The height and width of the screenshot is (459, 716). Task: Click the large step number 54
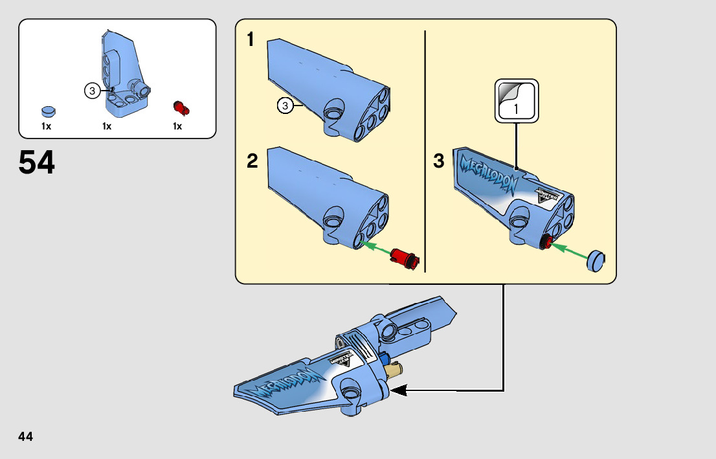click(37, 163)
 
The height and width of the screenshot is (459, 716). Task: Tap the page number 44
click(26, 437)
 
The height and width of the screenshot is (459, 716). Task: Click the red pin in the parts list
click(181, 107)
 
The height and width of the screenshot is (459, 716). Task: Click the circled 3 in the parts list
click(93, 91)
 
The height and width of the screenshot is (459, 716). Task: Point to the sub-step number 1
click(251, 40)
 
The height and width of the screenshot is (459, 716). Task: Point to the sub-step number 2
click(252, 161)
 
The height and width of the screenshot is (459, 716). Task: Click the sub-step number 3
click(439, 161)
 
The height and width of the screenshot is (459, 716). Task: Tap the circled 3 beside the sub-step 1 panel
click(284, 105)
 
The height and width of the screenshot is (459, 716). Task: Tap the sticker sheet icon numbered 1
click(517, 100)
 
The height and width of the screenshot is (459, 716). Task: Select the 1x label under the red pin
click(177, 126)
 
